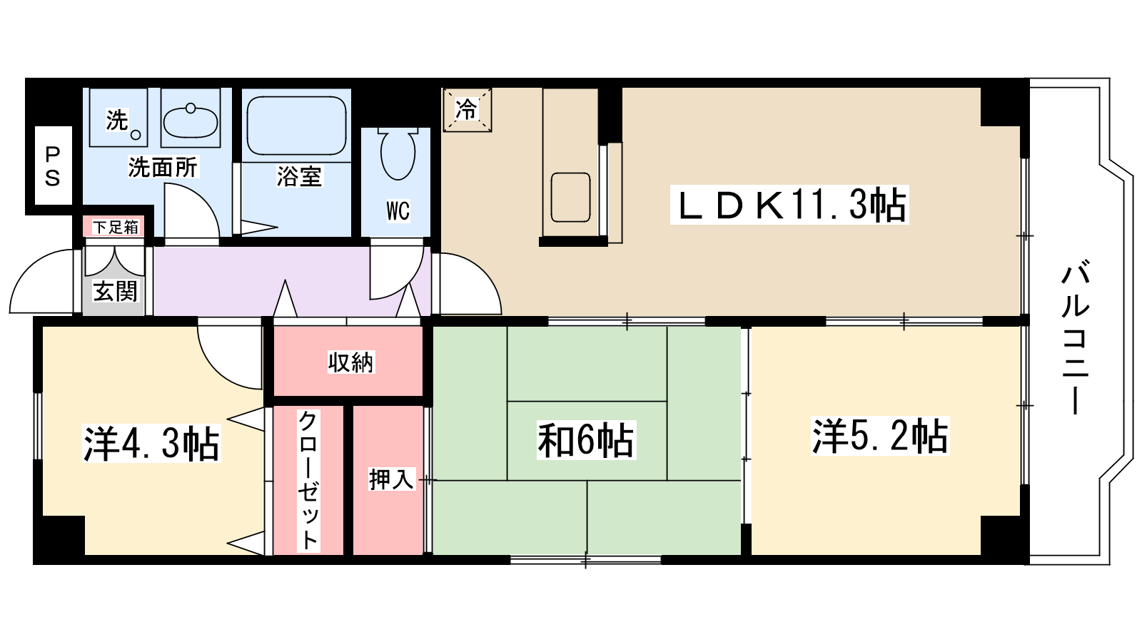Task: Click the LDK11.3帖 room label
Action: tap(789, 205)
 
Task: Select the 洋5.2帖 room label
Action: tap(880, 436)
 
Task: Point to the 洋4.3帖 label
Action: tap(151, 444)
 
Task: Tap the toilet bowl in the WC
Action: tap(398, 153)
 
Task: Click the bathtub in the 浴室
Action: tap(296, 126)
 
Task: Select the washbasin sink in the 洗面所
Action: tap(191, 122)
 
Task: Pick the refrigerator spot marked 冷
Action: tap(467, 110)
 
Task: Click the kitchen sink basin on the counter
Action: tap(570, 198)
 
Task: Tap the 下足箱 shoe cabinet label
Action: tap(116, 227)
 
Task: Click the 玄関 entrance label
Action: tap(115, 292)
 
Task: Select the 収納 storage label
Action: tap(350, 362)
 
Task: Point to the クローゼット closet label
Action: tap(308, 481)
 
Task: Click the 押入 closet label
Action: tap(392, 479)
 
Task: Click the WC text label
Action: tap(398, 210)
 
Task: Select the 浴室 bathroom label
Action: tap(299, 176)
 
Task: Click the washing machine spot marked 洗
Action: tap(117, 121)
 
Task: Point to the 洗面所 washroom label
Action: tap(163, 167)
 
